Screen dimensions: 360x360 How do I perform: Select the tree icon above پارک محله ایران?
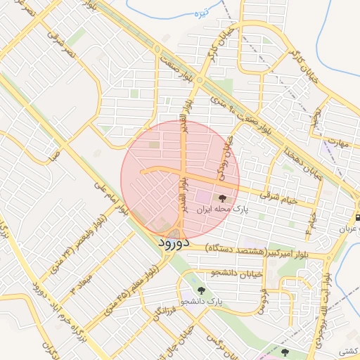pos(224,199)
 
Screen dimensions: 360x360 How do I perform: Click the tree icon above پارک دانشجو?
pos(202,290)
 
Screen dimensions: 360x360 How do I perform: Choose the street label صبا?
pos(52,153)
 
